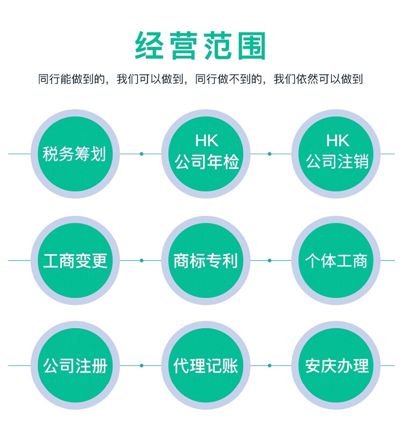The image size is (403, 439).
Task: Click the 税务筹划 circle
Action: pyautogui.click(x=75, y=154)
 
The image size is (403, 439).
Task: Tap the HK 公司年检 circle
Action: pyautogui.click(x=206, y=154)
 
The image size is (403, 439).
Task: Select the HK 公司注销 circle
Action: pyautogui.click(x=337, y=154)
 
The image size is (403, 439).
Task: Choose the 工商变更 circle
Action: pyautogui.click(x=75, y=261)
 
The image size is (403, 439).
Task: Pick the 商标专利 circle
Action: pyautogui.click(x=206, y=261)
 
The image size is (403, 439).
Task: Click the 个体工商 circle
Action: pyautogui.click(x=337, y=261)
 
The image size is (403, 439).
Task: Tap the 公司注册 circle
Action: pyautogui.click(x=75, y=366)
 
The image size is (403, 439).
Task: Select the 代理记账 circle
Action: pyautogui.click(x=206, y=366)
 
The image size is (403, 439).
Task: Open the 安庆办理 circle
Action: pyautogui.click(x=337, y=366)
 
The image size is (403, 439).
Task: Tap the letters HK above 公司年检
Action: pyautogui.click(x=206, y=141)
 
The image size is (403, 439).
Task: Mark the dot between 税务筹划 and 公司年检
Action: pyautogui.click(x=141, y=154)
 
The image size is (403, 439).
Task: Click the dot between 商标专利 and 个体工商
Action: pyautogui.click(x=270, y=261)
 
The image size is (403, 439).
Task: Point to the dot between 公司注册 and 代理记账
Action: pyautogui.click(x=141, y=366)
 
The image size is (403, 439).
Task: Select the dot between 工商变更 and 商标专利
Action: pyautogui.click(x=141, y=261)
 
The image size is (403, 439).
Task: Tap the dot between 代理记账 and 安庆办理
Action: pyautogui.click(x=270, y=366)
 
